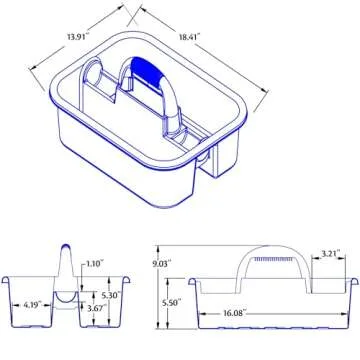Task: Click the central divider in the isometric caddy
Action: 170,130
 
